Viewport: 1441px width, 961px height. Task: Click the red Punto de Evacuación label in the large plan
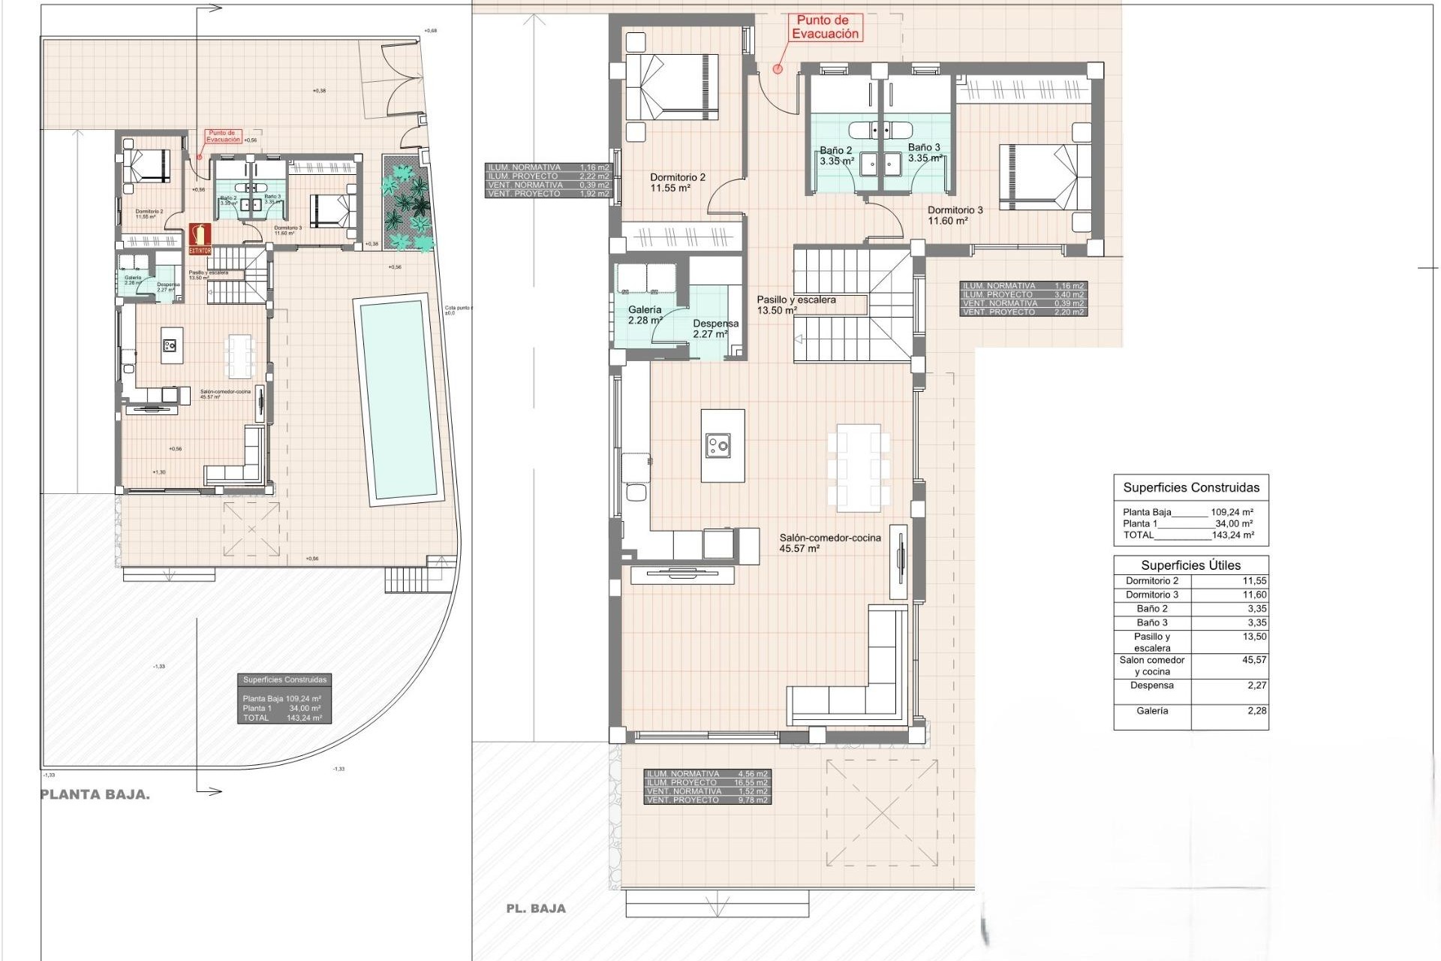click(x=826, y=28)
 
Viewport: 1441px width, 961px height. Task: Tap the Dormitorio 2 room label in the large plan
click(x=678, y=182)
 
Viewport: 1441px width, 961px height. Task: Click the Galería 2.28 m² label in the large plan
click(x=645, y=315)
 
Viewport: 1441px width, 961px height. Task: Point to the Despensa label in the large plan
click(x=714, y=328)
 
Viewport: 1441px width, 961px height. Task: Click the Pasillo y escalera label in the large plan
click(x=796, y=304)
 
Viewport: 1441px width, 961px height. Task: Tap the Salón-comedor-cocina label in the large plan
click(x=829, y=543)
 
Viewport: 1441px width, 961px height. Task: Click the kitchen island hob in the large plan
click(x=718, y=447)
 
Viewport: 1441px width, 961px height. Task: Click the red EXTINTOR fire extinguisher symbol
click(x=200, y=238)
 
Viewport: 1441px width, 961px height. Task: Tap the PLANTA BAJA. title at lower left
click(x=95, y=795)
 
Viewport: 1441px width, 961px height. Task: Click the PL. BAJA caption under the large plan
click(x=536, y=908)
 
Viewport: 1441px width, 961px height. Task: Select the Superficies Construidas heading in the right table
click(x=1190, y=488)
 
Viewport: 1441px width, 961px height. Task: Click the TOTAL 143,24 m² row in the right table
click(x=1188, y=535)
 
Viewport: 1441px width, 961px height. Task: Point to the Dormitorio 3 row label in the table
click(x=1151, y=595)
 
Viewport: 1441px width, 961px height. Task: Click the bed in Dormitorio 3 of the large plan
click(x=1044, y=178)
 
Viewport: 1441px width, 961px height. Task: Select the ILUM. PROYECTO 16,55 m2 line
click(x=707, y=782)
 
